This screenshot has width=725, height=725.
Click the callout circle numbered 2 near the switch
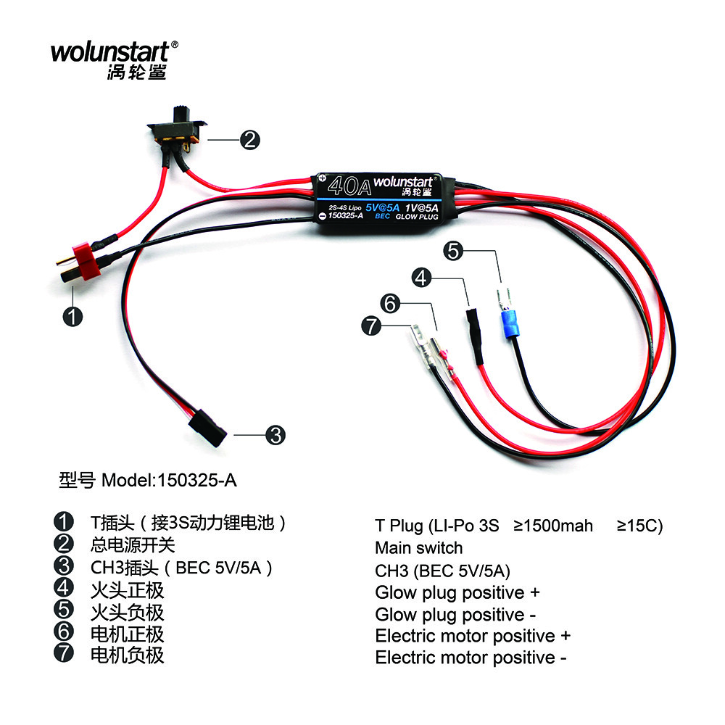coord(249,140)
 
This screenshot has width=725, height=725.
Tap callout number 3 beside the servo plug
coord(275,435)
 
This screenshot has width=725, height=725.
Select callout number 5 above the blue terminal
coord(454,252)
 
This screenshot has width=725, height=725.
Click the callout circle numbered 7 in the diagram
coord(370,327)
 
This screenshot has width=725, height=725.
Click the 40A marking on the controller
coord(349,188)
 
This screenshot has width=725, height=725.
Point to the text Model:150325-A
coord(168,480)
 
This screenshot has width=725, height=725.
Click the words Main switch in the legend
coord(418,547)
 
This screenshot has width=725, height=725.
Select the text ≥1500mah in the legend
coord(553,525)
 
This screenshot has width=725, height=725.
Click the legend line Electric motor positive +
coord(473,636)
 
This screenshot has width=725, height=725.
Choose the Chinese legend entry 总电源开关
coord(132,544)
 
